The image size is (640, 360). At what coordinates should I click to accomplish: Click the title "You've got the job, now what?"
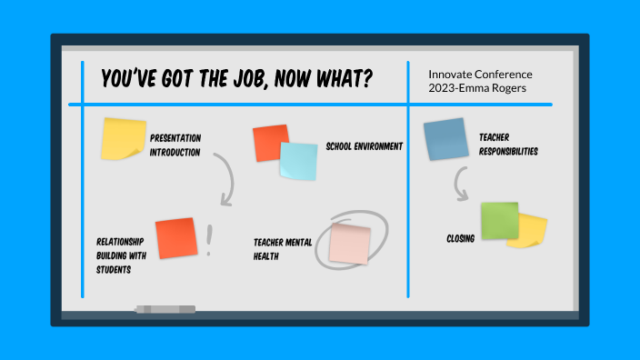coord(235,79)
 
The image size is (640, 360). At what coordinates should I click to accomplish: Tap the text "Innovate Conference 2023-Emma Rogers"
coord(480,81)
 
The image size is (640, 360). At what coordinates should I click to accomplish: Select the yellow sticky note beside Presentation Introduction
coord(123,138)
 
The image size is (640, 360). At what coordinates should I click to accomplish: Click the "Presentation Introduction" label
coord(175,145)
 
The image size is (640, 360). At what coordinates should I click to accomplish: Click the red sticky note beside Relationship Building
coord(175,238)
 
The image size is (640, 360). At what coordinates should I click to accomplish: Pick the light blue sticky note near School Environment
coord(299,162)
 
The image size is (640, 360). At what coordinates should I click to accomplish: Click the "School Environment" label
coord(364,146)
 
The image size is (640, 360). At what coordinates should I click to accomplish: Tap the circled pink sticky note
coord(350,244)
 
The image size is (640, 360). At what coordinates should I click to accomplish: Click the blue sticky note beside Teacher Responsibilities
coord(445,139)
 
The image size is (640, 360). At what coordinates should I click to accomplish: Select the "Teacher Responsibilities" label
coord(508,145)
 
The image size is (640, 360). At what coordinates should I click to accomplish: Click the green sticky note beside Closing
coord(499,220)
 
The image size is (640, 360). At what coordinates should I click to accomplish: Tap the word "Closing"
coord(460,239)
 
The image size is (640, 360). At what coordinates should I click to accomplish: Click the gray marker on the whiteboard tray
coord(165,310)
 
